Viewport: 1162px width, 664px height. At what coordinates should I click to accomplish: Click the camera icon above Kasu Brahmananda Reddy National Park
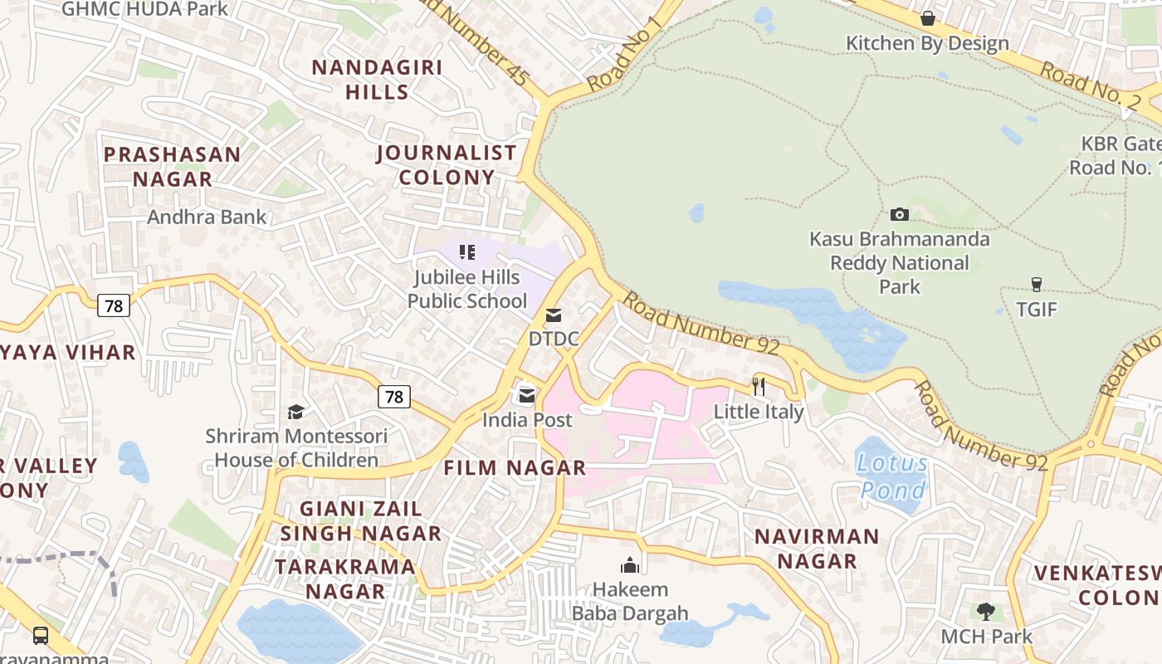[x=899, y=215]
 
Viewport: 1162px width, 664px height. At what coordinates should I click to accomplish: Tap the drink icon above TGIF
[x=1036, y=285]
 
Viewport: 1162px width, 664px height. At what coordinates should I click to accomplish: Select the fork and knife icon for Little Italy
[x=758, y=386]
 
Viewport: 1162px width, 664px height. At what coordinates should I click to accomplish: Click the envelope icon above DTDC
[x=553, y=315]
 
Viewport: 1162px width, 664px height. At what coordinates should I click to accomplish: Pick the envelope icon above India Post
[x=527, y=396]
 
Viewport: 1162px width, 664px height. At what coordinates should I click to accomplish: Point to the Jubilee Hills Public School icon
[x=467, y=251]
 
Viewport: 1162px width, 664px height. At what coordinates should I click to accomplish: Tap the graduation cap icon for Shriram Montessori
[x=295, y=412]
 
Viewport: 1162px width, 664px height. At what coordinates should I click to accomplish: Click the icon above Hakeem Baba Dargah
[x=630, y=565]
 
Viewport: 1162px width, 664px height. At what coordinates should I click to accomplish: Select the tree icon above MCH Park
[x=985, y=613]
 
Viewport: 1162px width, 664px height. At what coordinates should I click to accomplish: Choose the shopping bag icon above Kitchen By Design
[x=927, y=18]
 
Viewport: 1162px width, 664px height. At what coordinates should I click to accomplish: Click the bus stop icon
[x=40, y=636]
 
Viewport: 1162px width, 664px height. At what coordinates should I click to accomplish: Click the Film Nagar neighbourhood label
[x=515, y=468]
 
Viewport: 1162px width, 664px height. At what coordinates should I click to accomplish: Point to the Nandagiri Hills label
[x=377, y=80]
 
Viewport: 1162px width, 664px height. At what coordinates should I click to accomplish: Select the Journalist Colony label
[x=447, y=165]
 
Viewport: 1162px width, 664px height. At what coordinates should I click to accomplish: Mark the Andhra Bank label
[x=207, y=217]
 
